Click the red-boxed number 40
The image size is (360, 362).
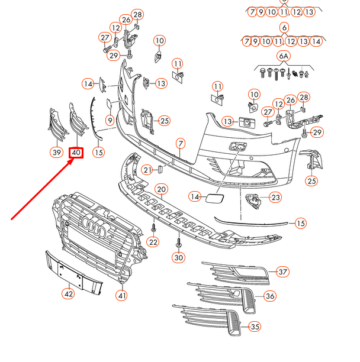coord(76,153)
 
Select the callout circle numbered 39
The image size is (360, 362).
coord(56,153)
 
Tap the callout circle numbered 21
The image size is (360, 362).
coord(147,170)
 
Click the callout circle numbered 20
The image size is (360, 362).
coord(161,189)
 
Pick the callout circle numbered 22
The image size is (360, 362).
coord(153,241)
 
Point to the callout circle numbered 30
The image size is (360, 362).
coord(178,257)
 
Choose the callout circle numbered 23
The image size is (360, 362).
coord(275,198)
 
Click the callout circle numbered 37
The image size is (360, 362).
coord(283,272)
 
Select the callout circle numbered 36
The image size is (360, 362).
coord(269,296)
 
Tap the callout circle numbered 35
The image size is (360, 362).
coord(255,327)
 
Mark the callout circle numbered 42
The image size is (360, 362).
coord(69,293)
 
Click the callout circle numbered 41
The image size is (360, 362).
coord(122,296)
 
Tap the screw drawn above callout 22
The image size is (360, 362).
coord(153,227)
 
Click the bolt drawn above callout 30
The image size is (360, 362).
coord(178,243)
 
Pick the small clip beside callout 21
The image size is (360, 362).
coord(159,170)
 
